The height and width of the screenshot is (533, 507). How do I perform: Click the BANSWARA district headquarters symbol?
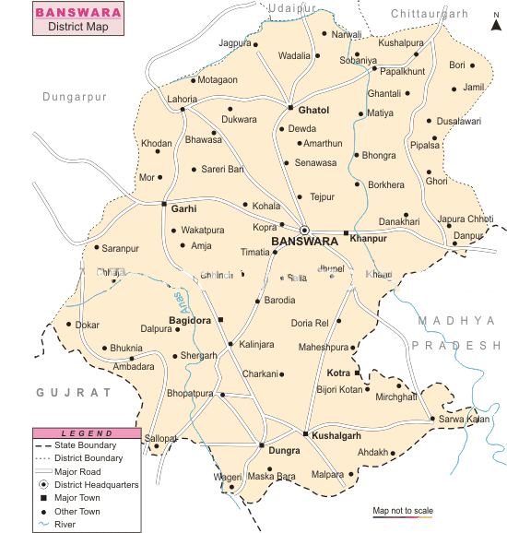304,231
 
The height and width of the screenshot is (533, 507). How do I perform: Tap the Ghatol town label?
313,111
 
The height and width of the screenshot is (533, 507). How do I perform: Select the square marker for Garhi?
164,204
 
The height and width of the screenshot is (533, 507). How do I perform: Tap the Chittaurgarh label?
429,13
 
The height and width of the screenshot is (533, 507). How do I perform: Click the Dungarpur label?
75,96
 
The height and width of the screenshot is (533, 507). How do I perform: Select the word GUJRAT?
74,392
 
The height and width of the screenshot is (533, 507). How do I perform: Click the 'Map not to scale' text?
402,510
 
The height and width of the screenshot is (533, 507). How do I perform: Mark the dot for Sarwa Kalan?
431,420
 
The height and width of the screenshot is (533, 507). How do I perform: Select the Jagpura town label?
234,43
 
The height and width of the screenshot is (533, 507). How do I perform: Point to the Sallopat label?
159,438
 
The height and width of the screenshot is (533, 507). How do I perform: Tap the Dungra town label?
284,452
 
